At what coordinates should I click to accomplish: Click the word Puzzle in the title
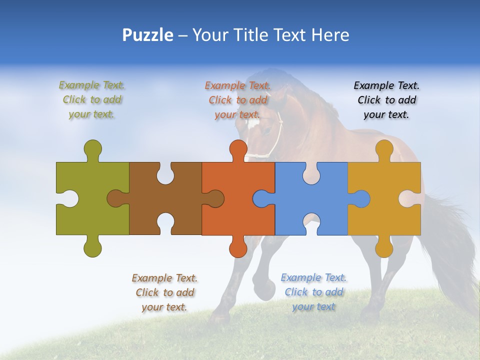(x=147, y=35)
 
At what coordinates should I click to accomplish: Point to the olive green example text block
(x=92, y=99)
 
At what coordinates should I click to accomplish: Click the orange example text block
(x=238, y=100)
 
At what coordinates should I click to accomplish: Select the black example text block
(x=386, y=100)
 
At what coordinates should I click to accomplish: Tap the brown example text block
(x=164, y=292)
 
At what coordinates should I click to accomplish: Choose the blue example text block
(x=313, y=292)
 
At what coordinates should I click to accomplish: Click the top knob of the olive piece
(x=93, y=149)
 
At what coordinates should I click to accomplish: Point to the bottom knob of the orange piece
(x=238, y=247)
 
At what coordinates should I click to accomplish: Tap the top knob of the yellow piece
(x=384, y=149)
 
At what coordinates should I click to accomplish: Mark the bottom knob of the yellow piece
(x=384, y=247)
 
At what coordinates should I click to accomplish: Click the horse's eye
(x=268, y=131)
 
